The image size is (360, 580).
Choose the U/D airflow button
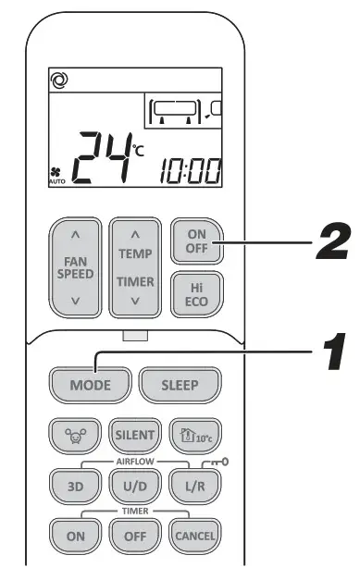(129, 484)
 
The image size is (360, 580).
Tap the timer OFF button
(129, 534)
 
